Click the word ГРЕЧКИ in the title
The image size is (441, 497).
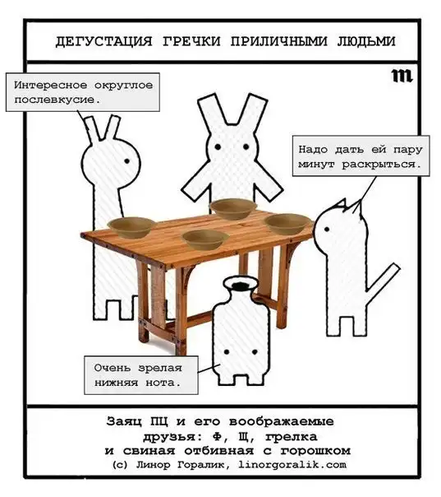point(191,41)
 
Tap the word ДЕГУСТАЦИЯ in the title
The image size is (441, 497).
point(103,41)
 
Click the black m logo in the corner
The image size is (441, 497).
point(402,76)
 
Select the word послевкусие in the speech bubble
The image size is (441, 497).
point(57,100)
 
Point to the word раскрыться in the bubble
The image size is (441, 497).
point(382,165)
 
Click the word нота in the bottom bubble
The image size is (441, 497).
point(163,383)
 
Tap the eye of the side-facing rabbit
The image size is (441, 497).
point(126,161)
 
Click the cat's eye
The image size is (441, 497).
point(327,229)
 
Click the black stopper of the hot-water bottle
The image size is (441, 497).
point(241,285)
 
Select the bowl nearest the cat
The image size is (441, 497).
point(287,223)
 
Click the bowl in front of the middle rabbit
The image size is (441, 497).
point(233,208)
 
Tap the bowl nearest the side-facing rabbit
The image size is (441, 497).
point(132,227)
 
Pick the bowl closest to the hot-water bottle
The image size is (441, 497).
point(205,239)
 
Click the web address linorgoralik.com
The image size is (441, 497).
point(292,465)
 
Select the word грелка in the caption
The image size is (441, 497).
point(291,436)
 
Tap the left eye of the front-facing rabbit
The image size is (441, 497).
point(218,146)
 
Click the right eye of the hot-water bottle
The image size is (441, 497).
point(255,352)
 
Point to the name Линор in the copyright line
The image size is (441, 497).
point(153,465)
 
